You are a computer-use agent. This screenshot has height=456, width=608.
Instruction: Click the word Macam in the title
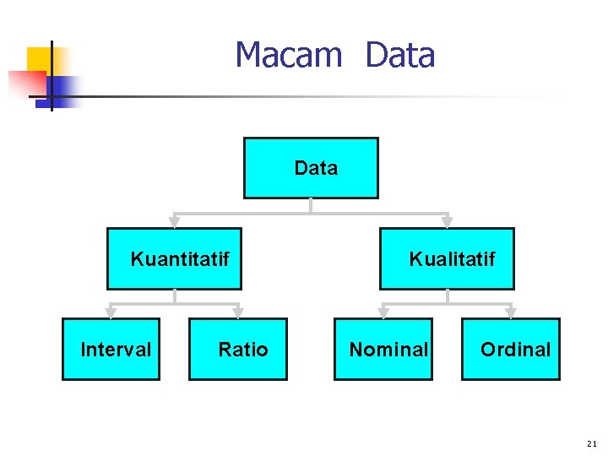(288, 56)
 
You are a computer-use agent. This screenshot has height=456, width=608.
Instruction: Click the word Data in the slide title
(400, 56)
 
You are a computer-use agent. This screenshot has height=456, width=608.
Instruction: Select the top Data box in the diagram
(311, 168)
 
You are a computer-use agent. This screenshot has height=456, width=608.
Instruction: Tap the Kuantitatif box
(174, 258)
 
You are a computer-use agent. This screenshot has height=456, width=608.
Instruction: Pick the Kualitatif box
(447, 258)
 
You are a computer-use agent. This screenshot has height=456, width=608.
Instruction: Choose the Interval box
(111, 349)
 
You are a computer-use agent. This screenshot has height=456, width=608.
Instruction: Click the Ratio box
(238, 349)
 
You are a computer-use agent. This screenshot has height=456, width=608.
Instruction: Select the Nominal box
(383, 349)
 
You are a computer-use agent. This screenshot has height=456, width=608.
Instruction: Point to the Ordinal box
(511, 349)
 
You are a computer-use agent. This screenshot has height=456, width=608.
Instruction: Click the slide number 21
(591, 442)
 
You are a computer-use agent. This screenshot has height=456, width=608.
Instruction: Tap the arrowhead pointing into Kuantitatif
(175, 222)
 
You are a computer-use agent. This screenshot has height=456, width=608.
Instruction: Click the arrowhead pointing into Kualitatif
(447, 222)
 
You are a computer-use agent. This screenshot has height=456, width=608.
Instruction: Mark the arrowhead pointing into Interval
(111, 312)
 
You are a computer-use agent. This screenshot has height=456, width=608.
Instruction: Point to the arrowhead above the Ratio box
(238, 312)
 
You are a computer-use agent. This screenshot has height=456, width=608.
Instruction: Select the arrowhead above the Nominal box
(383, 312)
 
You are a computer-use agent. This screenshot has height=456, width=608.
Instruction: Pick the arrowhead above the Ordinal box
(510, 312)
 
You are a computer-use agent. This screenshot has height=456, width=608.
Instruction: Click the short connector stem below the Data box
(311, 205)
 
